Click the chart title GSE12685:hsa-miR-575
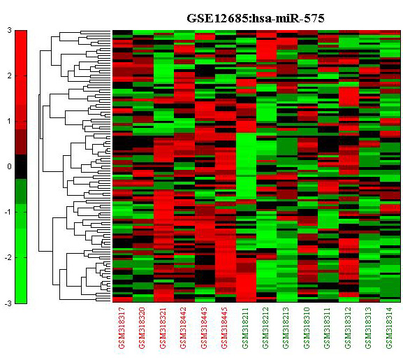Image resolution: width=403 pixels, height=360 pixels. coord(255,18)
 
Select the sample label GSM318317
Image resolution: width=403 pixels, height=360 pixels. coord(122,328)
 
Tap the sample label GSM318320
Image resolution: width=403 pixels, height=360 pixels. coord(142,328)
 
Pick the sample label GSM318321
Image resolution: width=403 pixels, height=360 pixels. coord(163,328)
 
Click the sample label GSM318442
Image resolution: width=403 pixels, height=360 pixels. coord(184,328)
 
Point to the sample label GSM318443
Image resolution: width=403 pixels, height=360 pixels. coord(204,328)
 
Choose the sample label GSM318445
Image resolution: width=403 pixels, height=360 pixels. coord(225,328)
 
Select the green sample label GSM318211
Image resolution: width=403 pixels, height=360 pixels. coord(245,328)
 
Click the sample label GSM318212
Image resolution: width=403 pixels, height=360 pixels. coord(266,328)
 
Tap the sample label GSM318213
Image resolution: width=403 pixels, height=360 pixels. coord(286,328)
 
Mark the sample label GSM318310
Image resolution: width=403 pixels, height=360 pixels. coord(307,328)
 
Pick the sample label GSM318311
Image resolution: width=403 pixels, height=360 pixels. coord(328,328)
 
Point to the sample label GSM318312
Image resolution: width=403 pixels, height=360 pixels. coord(348,328)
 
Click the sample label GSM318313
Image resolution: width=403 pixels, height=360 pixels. coord(369,328)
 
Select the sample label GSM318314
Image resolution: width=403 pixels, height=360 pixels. coord(389,328)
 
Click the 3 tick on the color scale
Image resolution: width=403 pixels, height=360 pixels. coord(10,30)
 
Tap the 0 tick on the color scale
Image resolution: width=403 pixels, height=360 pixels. coord(10,166)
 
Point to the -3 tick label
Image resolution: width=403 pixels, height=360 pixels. coord(8,303)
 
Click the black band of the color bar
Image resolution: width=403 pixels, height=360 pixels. coord(21,166)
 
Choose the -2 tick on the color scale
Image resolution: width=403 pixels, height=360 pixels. coord(8,258)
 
